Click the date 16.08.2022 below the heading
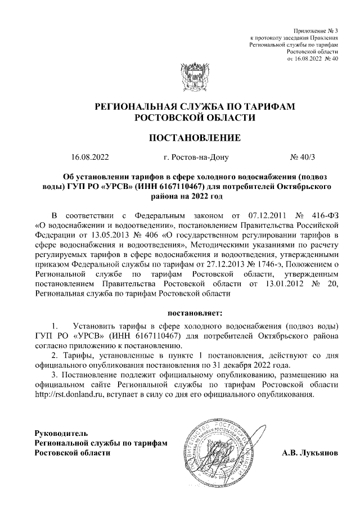pos(90,157)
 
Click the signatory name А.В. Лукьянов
pos(310,453)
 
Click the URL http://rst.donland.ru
pos(70,395)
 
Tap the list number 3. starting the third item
pos(54,375)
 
